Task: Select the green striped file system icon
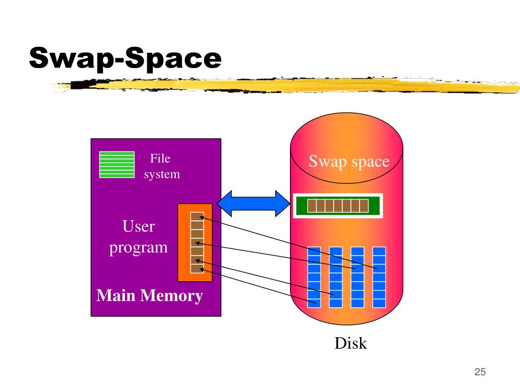point(117,165)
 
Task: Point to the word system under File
point(161,174)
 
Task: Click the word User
point(138,226)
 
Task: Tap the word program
point(139,248)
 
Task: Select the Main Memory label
point(150,296)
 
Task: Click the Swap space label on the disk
point(349,162)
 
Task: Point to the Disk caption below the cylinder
point(350,343)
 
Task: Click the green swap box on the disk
point(338,206)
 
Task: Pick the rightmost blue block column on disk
point(379,277)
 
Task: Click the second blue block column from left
point(336,277)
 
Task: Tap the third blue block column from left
point(357,277)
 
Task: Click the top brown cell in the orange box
point(197,217)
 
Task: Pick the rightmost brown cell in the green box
point(364,206)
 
